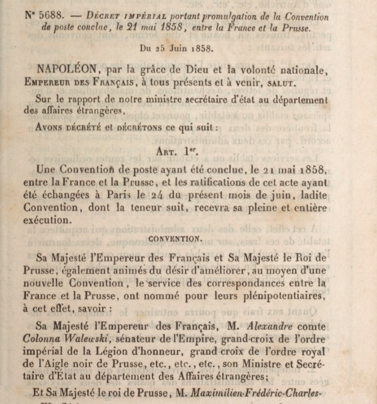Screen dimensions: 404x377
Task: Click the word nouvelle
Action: tap(46, 283)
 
